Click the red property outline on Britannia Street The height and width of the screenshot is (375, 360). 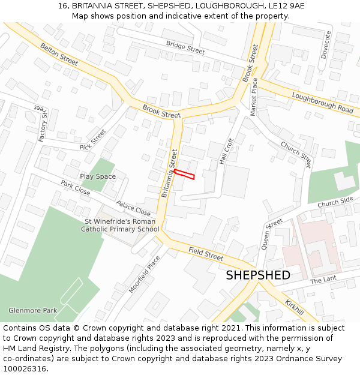184,174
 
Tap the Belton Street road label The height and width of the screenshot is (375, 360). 59,54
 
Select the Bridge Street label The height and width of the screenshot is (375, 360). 185,47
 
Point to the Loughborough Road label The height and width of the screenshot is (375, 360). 323,103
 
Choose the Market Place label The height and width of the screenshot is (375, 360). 254,97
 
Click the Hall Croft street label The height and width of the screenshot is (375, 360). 226,152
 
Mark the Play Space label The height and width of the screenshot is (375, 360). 98,176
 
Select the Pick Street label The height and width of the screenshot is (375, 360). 92,140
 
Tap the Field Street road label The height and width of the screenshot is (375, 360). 206,254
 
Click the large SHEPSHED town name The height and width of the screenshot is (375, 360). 258,275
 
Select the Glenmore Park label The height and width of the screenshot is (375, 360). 32,310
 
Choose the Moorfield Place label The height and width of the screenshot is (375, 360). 145,274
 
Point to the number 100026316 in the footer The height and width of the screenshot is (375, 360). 25,368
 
